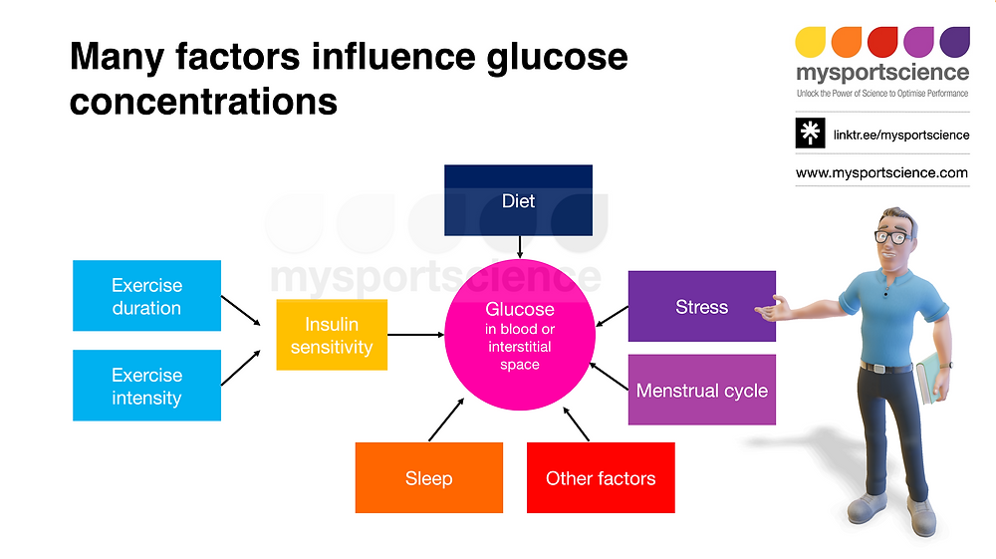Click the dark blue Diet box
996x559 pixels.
click(518, 200)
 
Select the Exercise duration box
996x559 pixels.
click(146, 295)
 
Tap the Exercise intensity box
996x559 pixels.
click(146, 385)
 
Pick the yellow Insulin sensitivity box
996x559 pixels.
click(332, 335)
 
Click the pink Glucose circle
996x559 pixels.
click(520, 335)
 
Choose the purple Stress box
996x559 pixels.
click(702, 306)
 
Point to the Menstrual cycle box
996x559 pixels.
click(702, 390)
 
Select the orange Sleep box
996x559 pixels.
click(428, 477)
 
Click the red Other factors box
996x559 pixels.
click(601, 477)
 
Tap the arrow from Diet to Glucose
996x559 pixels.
click(520, 247)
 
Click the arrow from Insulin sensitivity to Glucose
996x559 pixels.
click(416, 334)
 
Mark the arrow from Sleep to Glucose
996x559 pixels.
click(446, 419)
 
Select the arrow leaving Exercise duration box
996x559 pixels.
click(241, 311)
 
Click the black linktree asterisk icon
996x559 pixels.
click(810, 133)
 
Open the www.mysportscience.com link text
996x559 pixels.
click(881, 172)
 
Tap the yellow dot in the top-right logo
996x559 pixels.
click(811, 42)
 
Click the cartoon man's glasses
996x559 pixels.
click(893, 237)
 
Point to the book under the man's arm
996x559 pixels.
click(928, 378)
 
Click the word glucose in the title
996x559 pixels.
click(557, 57)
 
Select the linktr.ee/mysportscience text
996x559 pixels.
click(901, 135)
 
